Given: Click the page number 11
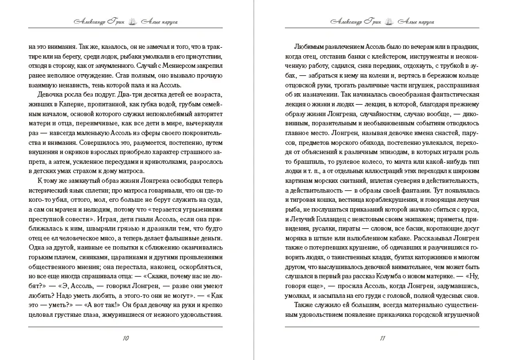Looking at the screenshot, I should pyautogui.click(x=382, y=338).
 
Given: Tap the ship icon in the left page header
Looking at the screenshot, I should pyautogui.click(x=132, y=21).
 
